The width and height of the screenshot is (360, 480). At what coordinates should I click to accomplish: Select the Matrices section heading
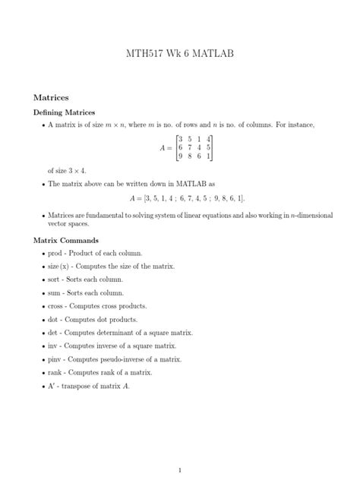52,98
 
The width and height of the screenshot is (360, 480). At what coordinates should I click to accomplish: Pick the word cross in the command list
57,306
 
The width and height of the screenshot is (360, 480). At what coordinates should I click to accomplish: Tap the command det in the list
53,333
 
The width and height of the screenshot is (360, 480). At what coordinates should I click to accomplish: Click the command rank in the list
56,372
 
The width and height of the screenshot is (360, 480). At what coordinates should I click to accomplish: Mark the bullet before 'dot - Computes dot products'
40,320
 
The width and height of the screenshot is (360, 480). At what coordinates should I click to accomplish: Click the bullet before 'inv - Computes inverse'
40,346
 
